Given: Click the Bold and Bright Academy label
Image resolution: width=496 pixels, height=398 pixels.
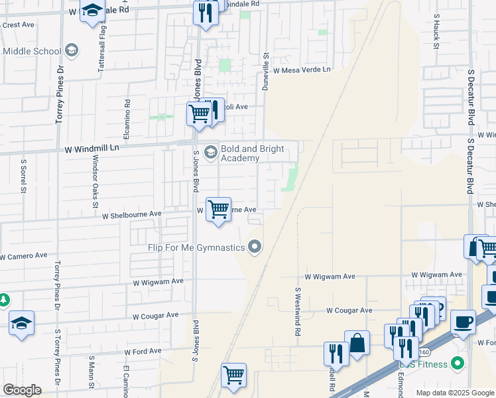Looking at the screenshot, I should [x=253, y=153].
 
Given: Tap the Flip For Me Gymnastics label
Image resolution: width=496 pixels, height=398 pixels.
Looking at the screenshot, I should [x=196, y=247].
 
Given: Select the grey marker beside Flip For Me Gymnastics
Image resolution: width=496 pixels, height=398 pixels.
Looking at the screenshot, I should [x=254, y=247].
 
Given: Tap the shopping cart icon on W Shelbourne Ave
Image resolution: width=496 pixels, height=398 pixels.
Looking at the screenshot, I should [x=218, y=210].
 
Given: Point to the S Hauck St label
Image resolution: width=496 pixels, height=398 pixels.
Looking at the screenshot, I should [x=436, y=31].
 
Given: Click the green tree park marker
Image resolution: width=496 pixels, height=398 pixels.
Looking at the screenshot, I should [x=3, y=300].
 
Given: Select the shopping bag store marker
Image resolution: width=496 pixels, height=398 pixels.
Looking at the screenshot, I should [x=357, y=344].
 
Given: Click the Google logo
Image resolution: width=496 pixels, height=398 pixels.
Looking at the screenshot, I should [x=22, y=390].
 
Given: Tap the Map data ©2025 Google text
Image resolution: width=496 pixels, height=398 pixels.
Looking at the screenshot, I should [x=454, y=393].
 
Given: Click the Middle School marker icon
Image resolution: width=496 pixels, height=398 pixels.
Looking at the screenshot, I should [x=72, y=51].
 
